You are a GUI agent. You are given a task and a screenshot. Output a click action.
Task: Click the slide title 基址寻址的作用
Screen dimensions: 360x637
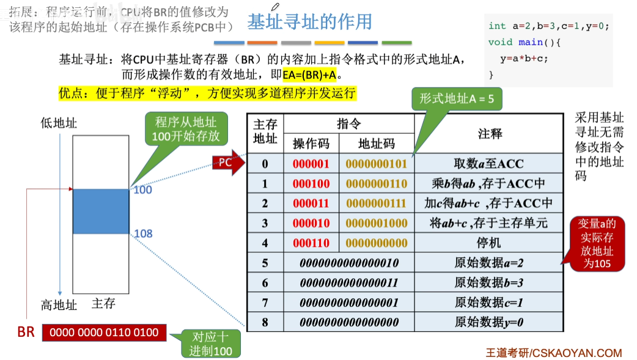(309, 23)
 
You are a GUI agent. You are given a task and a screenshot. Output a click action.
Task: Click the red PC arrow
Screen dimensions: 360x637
(227, 163)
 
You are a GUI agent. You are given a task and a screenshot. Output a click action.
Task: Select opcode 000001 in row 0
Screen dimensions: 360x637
(311, 164)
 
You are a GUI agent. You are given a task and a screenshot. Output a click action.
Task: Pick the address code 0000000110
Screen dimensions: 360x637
(376, 184)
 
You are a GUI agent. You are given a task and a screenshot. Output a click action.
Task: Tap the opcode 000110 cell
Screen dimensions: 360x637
(311, 243)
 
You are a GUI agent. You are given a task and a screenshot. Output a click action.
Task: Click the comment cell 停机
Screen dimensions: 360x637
(488, 243)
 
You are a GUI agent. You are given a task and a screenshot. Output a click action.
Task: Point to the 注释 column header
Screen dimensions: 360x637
(488, 133)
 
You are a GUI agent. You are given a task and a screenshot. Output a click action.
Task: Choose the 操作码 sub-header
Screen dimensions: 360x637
(311, 144)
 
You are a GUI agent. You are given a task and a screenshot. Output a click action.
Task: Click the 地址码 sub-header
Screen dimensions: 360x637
(376, 144)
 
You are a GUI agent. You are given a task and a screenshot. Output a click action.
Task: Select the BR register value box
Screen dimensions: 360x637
(104, 332)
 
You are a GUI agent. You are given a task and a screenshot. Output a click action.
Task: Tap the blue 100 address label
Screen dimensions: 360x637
(142, 190)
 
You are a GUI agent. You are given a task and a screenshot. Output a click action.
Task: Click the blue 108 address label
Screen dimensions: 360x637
(142, 233)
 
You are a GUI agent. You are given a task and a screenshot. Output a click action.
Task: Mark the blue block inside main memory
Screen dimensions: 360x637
(101, 211)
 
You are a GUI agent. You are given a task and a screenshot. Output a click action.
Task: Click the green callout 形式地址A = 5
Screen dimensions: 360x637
(456, 98)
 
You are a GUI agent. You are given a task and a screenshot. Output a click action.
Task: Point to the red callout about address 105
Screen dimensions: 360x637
(597, 243)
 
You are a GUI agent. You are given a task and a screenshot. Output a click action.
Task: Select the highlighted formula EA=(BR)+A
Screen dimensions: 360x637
(310, 75)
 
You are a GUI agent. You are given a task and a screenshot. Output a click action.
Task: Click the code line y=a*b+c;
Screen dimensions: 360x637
(524, 59)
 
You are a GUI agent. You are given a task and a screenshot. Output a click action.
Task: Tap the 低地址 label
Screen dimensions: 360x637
(59, 123)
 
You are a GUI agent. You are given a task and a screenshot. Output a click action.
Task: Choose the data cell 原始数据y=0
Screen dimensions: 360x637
(488, 322)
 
